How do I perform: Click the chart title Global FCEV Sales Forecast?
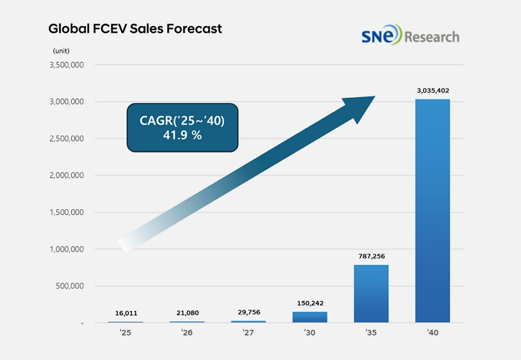(x=135, y=28)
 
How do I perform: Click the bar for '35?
(x=371, y=293)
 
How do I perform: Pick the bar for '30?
(x=309, y=316)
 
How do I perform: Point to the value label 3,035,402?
(x=433, y=90)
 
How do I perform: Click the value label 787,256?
(x=371, y=256)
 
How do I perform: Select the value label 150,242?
(x=309, y=303)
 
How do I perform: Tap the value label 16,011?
(x=125, y=313)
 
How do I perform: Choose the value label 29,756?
(x=248, y=312)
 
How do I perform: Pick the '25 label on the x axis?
(x=125, y=332)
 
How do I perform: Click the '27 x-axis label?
(x=248, y=332)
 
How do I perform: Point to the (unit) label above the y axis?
(x=62, y=51)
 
